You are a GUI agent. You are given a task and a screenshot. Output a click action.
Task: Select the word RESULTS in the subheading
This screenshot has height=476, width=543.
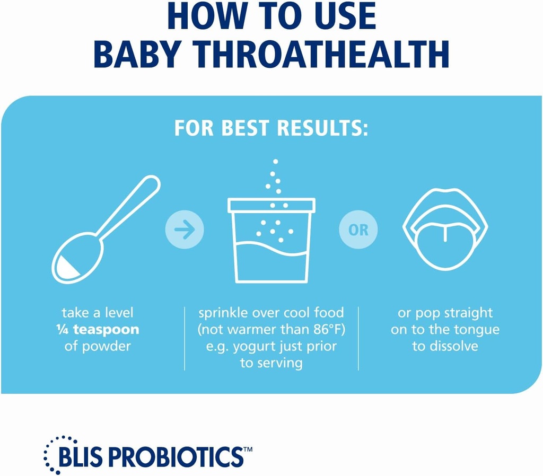point(313,129)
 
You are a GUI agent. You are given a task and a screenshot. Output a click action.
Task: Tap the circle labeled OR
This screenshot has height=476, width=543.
point(358,230)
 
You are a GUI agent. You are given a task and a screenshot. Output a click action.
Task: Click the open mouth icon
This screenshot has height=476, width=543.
point(445,228)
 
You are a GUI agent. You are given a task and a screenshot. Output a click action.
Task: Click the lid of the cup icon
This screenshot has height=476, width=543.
point(271,205)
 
